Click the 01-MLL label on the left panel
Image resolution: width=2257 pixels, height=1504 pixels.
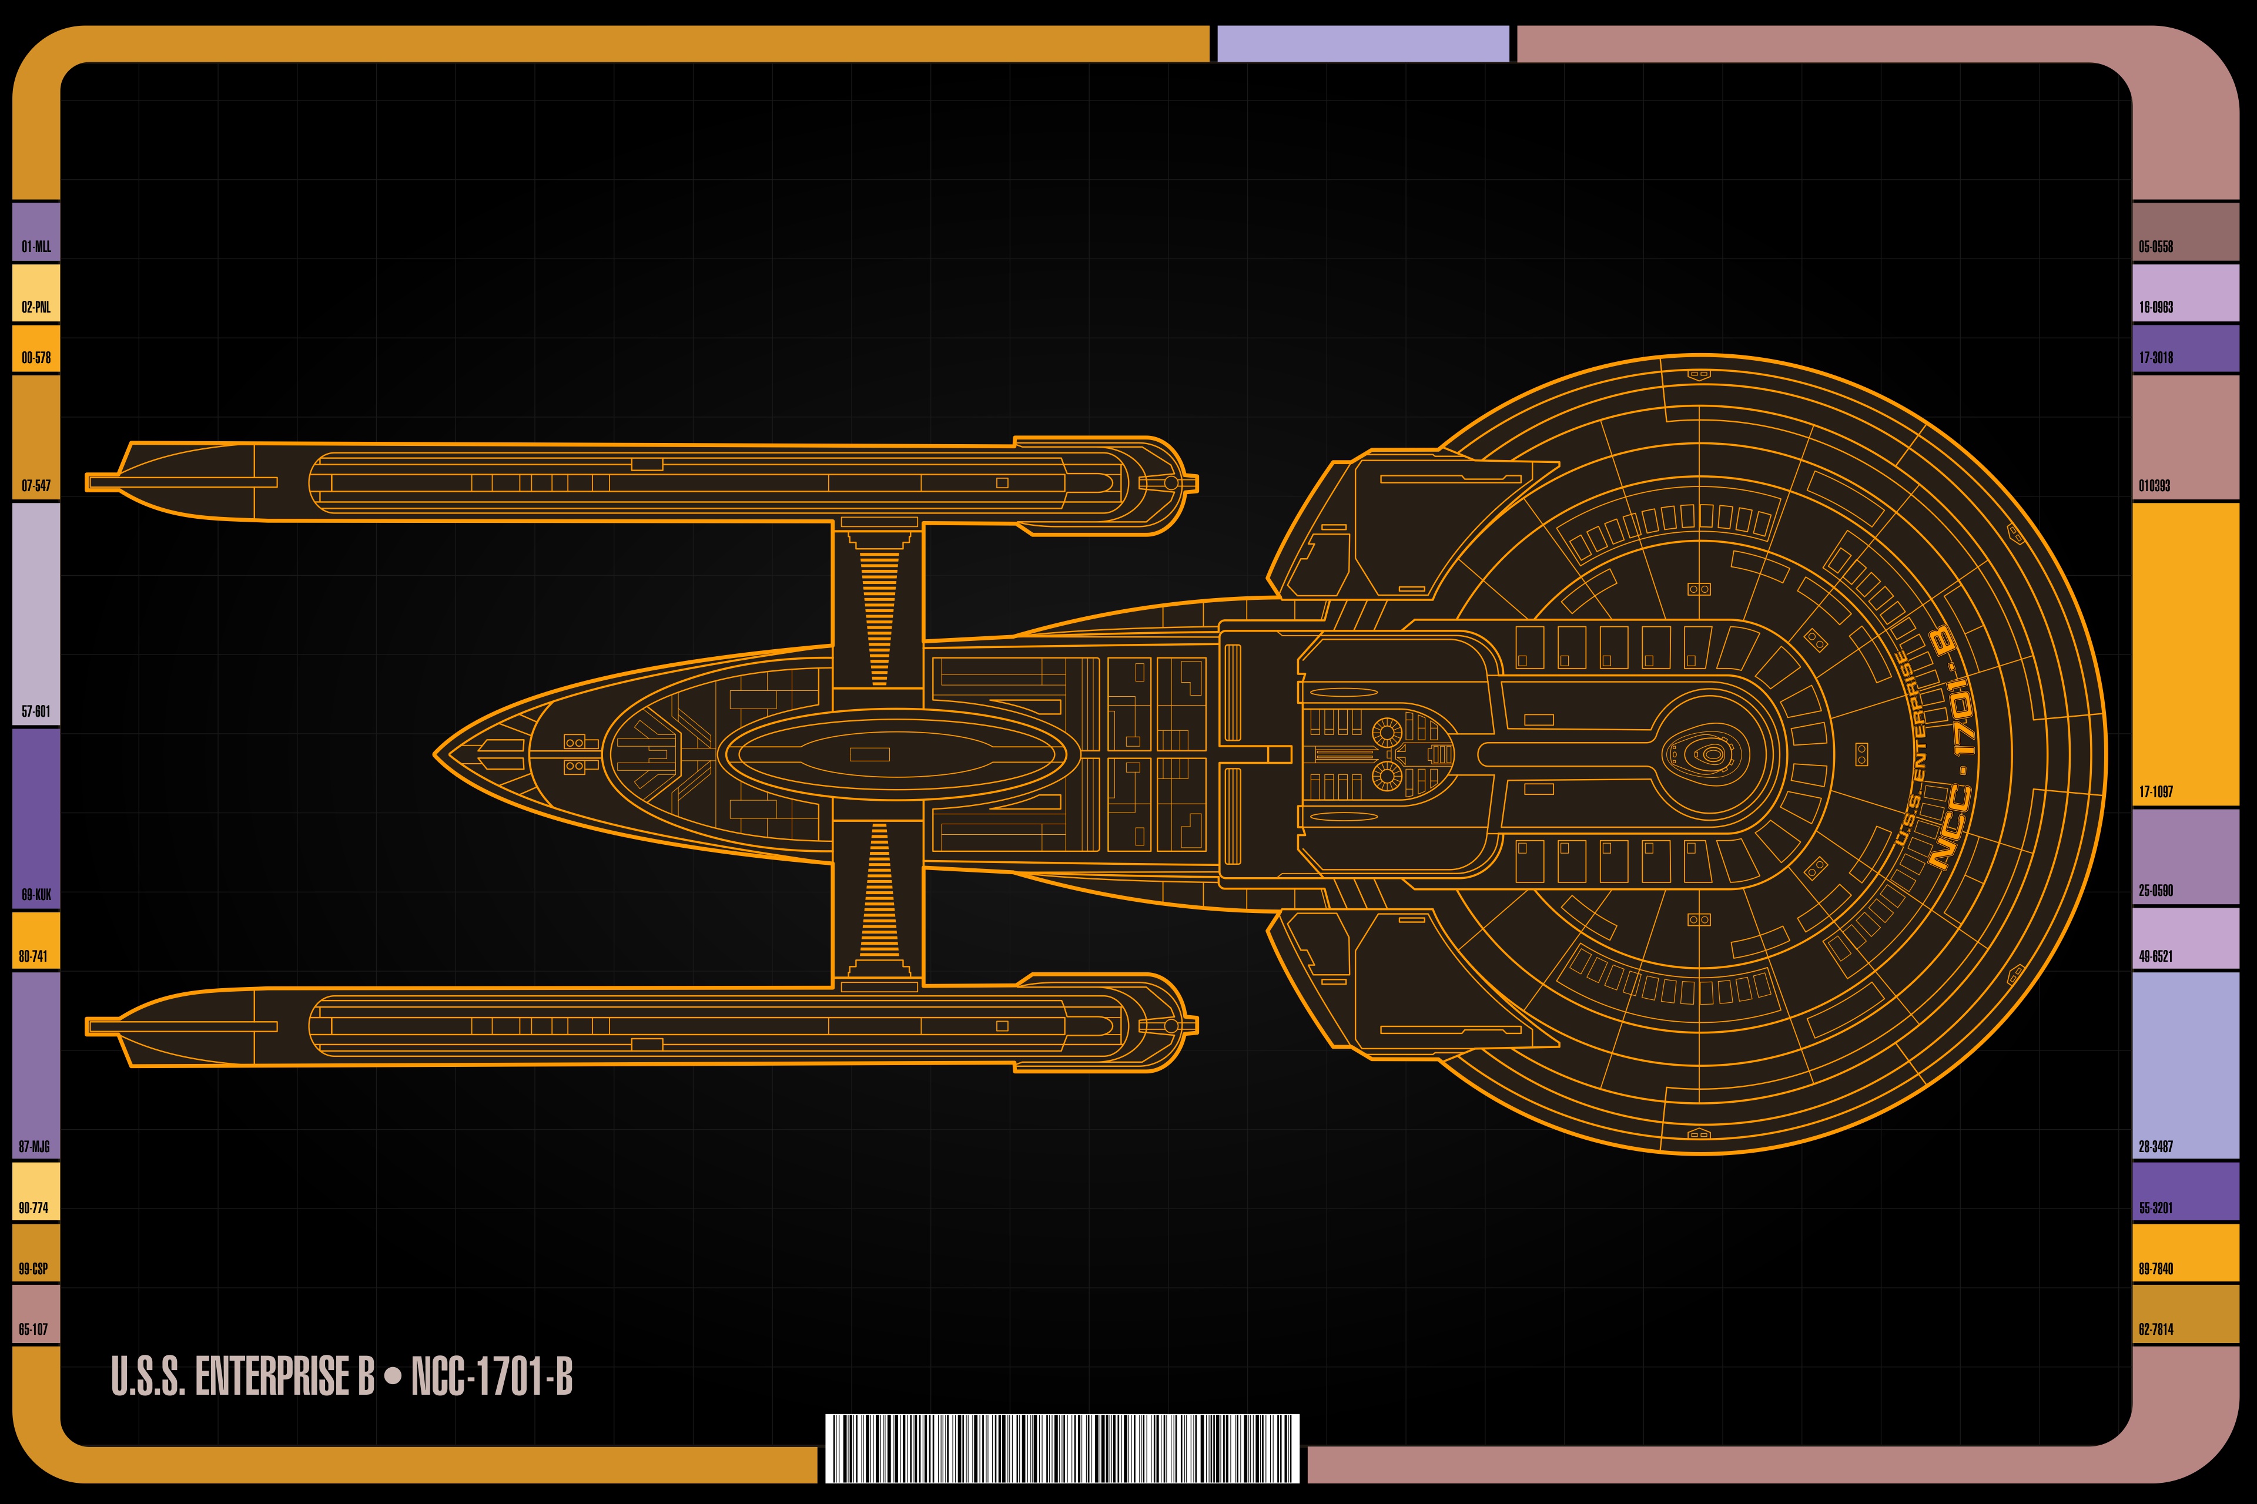(x=36, y=247)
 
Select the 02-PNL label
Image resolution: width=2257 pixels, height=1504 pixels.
(x=36, y=307)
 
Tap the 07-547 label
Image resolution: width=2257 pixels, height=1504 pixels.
(x=36, y=485)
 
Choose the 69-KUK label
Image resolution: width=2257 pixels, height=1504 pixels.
(x=36, y=895)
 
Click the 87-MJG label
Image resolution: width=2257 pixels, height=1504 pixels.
(x=35, y=1146)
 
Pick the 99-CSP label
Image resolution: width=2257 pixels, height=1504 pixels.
(x=34, y=1268)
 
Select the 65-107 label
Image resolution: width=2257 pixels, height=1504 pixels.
(x=34, y=1328)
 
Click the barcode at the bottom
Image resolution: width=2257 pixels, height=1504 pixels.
(x=1062, y=1448)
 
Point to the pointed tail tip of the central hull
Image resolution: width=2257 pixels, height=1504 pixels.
(x=436, y=754)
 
